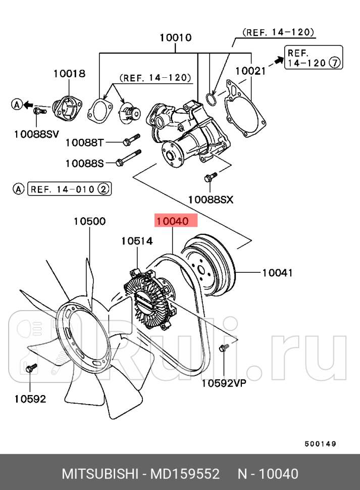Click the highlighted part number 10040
click(172, 221)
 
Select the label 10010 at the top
click(175, 37)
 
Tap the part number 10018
click(69, 74)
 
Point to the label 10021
click(250, 71)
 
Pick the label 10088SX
click(211, 200)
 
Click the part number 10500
click(89, 221)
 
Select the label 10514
click(136, 241)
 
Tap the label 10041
click(277, 273)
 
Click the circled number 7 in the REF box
click(334, 63)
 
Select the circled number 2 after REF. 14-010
click(103, 189)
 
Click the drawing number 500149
click(320, 444)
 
